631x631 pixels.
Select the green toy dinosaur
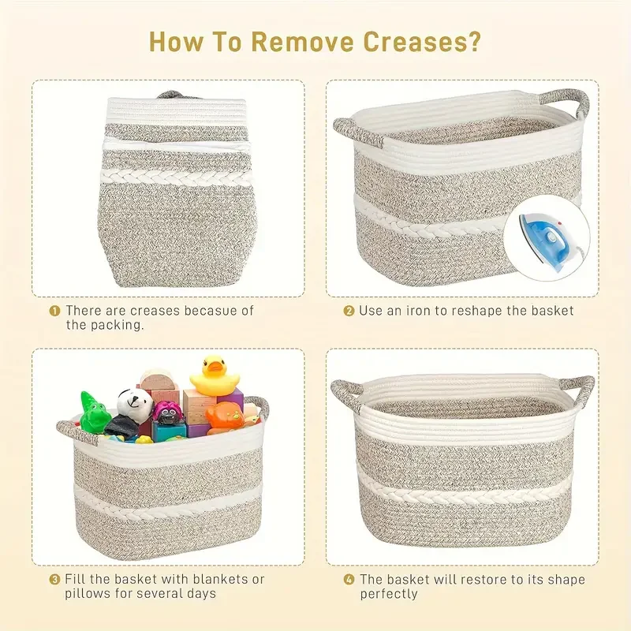95,412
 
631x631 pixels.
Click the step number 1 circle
54,311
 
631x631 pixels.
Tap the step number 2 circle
349,311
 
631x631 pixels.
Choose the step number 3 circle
54,580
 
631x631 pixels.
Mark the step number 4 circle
349,580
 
